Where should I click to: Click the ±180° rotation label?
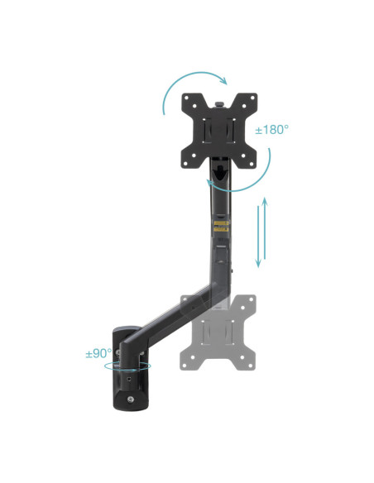point(272,130)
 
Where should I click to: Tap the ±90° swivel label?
point(98,353)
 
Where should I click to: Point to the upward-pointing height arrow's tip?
point(265,198)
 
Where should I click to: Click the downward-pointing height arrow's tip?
point(258,267)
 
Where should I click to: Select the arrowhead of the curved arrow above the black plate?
point(224,81)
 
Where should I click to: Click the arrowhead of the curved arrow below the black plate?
point(210,184)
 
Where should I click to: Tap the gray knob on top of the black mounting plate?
point(219,104)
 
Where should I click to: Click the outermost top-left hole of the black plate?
point(187,98)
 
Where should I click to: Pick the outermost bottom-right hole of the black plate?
point(252,163)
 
